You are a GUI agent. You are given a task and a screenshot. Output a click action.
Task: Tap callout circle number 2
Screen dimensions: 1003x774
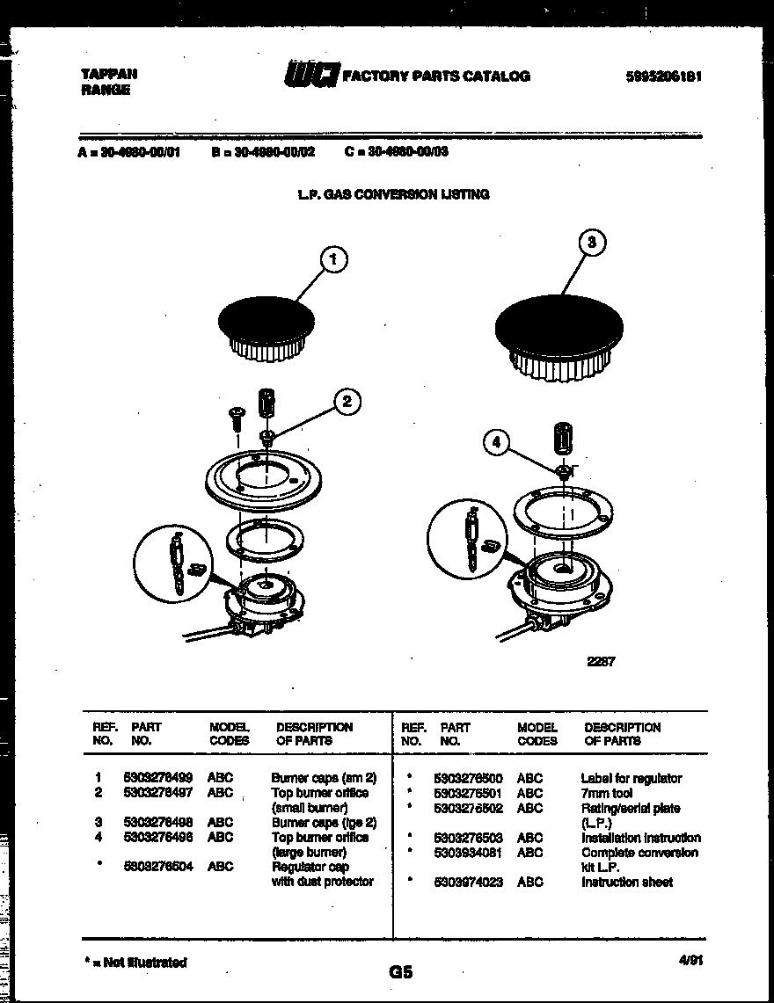point(347,402)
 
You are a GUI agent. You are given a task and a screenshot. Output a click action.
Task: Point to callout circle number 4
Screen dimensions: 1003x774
point(496,444)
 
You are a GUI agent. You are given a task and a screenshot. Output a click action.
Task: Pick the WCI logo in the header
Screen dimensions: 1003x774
point(310,76)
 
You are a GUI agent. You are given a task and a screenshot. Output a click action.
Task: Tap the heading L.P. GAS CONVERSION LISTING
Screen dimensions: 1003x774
point(392,194)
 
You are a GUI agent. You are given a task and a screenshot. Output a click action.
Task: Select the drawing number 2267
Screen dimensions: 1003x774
point(601,662)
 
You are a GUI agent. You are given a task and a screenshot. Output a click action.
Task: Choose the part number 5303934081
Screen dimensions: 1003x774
point(468,853)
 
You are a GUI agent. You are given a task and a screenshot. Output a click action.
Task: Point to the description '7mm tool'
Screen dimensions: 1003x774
point(607,793)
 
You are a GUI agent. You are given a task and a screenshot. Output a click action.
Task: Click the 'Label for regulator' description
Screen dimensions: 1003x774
point(631,778)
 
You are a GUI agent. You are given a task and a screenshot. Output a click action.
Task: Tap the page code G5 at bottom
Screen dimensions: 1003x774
point(400,972)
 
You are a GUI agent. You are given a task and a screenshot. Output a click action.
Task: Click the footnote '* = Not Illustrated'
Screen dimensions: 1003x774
point(134,963)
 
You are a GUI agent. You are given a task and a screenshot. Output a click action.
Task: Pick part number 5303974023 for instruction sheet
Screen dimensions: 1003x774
point(468,882)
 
